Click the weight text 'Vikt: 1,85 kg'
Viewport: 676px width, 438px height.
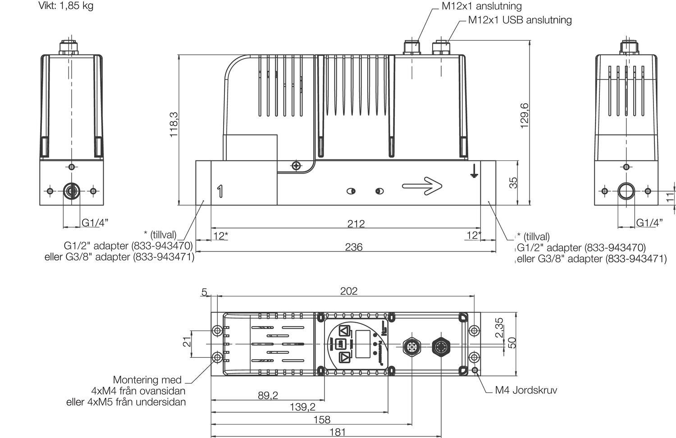coord(66,6)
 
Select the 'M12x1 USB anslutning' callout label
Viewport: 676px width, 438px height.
coord(520,20)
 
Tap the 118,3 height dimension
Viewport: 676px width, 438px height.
coord(174,125)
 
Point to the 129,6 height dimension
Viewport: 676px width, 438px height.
coord(525,116)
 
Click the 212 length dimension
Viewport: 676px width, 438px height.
coord(356,224)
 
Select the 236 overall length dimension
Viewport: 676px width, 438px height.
coord(353,247)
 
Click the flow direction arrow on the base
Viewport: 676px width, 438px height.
coord(422,185)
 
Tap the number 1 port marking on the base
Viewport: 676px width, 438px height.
coord(220,191)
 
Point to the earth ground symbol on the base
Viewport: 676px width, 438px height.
coord(473,170)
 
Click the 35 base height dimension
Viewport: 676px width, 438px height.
coord(513,182)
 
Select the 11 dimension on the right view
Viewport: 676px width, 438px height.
coord(670,196)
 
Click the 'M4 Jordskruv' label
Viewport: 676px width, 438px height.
coord(525,390)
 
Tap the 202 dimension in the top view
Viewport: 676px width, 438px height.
coord(348,291)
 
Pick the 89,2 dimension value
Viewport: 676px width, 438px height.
coord(268,395)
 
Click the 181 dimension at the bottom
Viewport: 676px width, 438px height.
coord(338,432)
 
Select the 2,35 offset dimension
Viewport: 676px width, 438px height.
coord(499,328)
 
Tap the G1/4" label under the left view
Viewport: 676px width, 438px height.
coord(95,222)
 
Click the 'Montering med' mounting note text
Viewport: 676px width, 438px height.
coord(147,380)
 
